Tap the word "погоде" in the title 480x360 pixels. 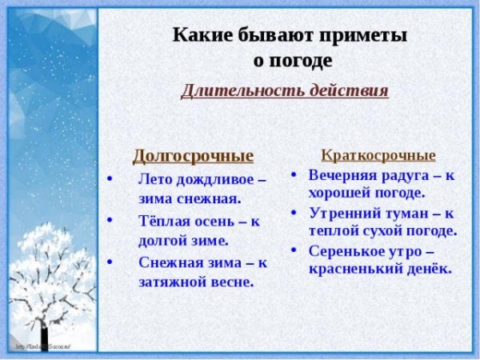click(292, 60)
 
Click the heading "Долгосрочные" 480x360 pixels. click(193, 155)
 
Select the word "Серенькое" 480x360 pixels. click(346, 250)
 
